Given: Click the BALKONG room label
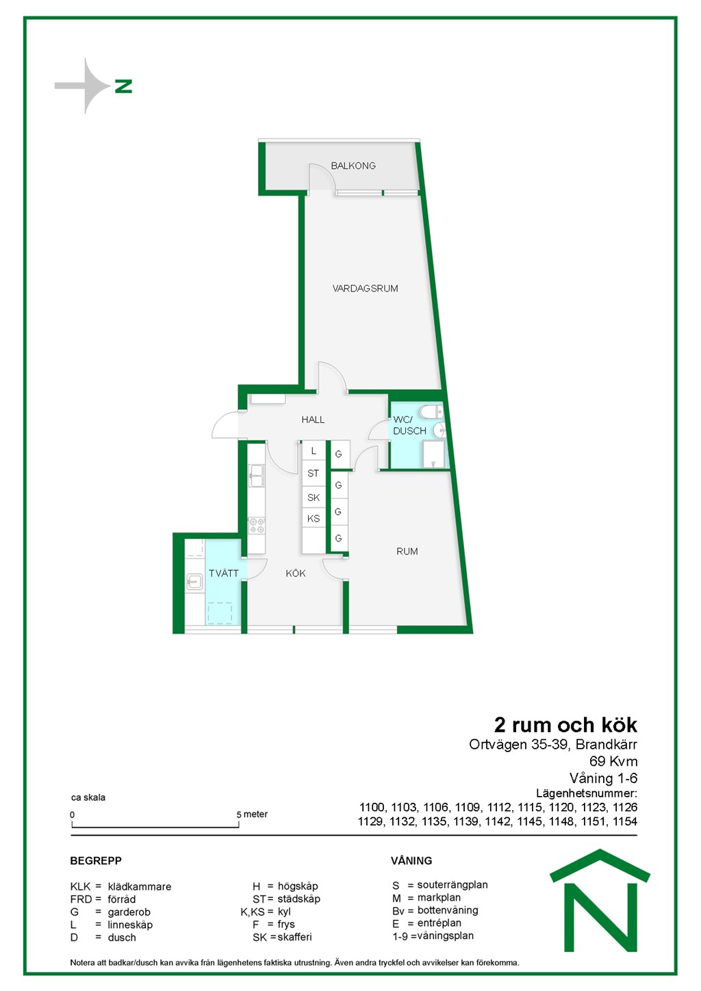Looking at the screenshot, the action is pyautogui.click(x=353, y=166).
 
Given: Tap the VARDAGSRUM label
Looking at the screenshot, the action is pyautogui.click(x=365, y=288).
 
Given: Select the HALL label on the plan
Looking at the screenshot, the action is pyautogui.click(x=313, y=420).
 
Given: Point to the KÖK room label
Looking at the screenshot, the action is pyautogui.click(x=296, y=574).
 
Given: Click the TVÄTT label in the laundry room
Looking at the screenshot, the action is pyautogui.click(x=223, y=574).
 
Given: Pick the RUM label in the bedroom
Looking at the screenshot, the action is pyautogui.click(x=407, y=551).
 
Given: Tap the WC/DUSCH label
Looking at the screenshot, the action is pyautogui.click(x=409, y=425).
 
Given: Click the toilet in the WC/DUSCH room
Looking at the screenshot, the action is pyautogui.click(x=431, y=412).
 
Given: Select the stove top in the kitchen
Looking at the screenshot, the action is pyautogui.click(x=256, y=526).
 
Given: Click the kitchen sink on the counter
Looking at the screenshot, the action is pyautogui.click(x=256, y=476).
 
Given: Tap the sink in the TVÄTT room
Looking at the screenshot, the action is pyautogui.click(x=194, y=581).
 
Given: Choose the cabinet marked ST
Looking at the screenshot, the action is pyautogui.click(x=314, y=474).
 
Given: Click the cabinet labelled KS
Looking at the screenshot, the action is pyautogui.click(x=314, y=519).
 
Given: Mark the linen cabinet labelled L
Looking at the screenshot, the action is pyautogui.click(x=314, y=451).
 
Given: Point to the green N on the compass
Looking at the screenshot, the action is pyautogui.click(x=123, y=86).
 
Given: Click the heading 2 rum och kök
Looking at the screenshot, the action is pyautogui.click(x=565, y=725).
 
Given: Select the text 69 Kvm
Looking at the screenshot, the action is pyautogui.click(x=613, y=761).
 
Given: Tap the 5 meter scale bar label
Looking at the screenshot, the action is pyautogui.click(x=252, y=814).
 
